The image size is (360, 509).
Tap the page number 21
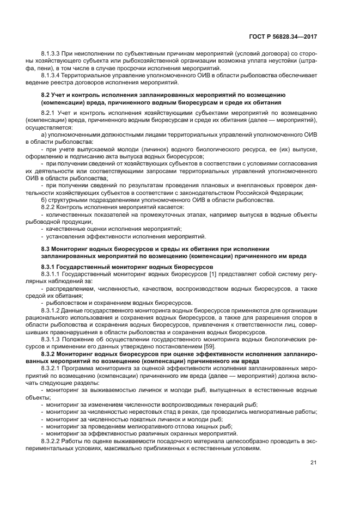313,463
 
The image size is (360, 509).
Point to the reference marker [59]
209,346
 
